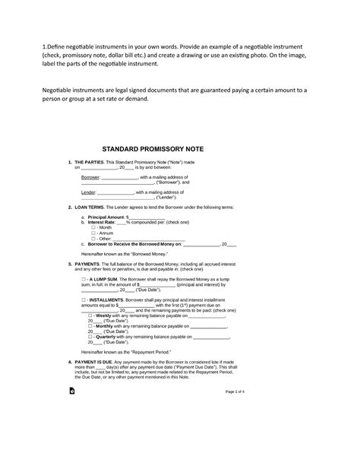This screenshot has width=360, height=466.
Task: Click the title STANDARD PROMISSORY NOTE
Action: point(180,150)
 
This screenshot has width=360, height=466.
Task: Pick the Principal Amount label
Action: point(105,217)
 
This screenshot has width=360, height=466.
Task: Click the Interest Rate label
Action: point(103,222)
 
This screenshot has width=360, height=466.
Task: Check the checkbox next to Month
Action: point(92,227)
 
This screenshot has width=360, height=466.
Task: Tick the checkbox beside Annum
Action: point(92,233)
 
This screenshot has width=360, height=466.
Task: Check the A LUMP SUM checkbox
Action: point(82,280)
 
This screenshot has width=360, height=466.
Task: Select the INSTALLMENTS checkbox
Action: point(82,300)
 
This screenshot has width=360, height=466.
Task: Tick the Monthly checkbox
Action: point(91,325)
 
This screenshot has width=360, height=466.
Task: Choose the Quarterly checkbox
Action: point(91,336)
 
